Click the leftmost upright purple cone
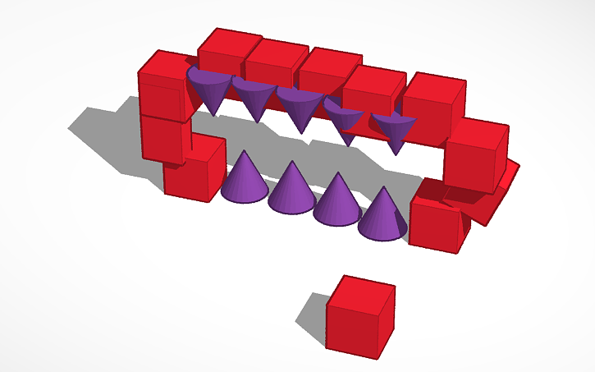tap(245, 181)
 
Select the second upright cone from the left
tap(291, 191)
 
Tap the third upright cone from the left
tap(336, 202)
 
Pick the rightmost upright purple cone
tap(382, 215)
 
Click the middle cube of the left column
tap(162, 135)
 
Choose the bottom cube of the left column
tap(194, 170)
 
